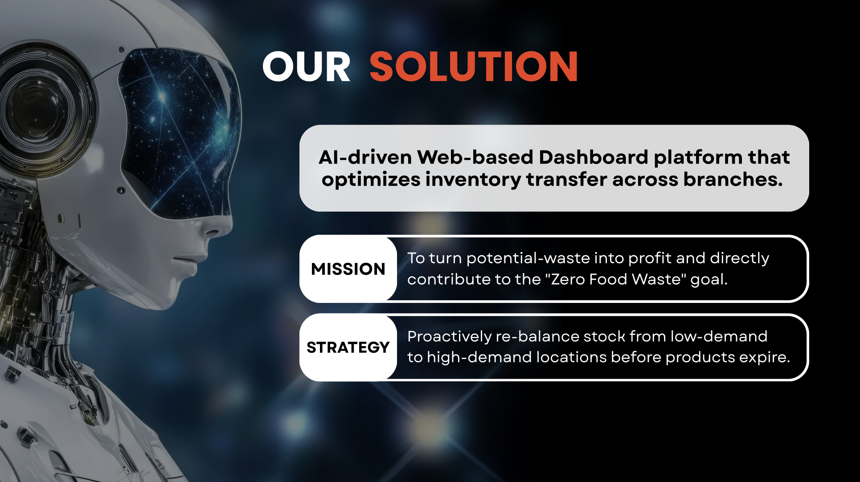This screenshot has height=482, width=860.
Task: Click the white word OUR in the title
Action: tap(307, 67)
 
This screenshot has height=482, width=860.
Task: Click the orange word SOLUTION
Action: tap(474, 67)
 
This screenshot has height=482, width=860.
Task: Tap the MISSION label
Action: tap(348, 269)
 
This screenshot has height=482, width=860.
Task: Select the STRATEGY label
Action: tap(348, 347)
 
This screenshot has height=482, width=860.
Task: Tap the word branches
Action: tap(733, 179)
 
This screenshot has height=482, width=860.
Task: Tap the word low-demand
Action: tap(719, 336)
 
